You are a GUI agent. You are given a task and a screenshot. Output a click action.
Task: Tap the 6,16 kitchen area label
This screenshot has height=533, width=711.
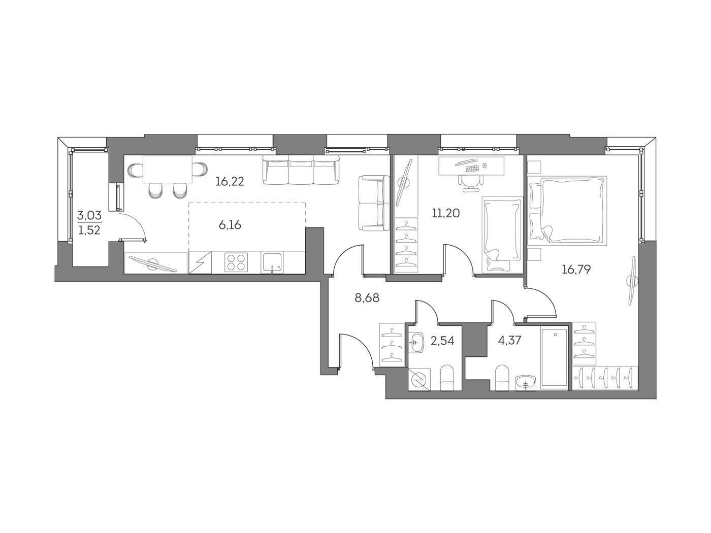pyautogui.click(x=230, y=224)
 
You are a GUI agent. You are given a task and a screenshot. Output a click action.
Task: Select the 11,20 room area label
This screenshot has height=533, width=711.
pyautogui.click(x=445, y=213)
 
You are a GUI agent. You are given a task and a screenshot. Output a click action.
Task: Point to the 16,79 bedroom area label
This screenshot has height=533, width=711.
pyautogui.click(x=576, y=269)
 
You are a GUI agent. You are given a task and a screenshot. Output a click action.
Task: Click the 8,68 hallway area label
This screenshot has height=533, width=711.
pyautogui.click(x=367, y=297)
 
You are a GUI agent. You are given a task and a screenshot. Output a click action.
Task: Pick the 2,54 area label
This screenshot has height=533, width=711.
pyautogui.click(x=442, y=341)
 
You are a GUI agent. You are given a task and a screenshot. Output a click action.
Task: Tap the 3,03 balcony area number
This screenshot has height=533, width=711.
pyautogui.click(x=89, y=215)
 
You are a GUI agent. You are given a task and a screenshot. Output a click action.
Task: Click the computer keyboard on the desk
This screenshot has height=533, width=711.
pyautogui.click(x=472, y=169)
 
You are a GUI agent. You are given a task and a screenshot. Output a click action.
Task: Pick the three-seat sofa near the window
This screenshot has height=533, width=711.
pyautogui.click(x=301, y=169)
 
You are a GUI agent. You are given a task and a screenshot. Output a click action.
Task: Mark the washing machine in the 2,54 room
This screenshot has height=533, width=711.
pyautogui.click(x=419, y=379)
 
